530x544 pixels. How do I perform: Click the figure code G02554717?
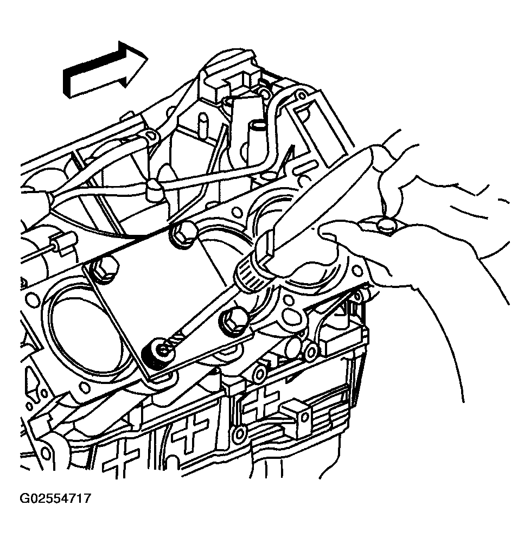[x=55, y=498]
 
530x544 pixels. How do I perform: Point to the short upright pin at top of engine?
[x=202, y=127]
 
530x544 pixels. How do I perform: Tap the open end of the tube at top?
[x=259, y=124]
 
